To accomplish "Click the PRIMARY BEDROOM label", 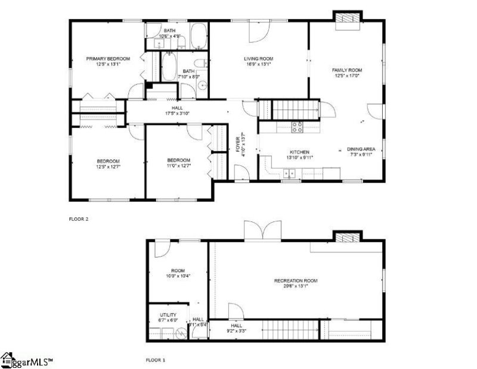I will pos(108,58).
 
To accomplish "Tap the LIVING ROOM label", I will pos(258,58).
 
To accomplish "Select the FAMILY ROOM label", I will pos(347,70).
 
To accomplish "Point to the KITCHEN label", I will pos(299,152).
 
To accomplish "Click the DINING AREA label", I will pos(361,149).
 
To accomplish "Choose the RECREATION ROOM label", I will pos(296,280).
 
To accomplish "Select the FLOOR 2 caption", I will pos(79,219).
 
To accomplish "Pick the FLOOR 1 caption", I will pos(156,360).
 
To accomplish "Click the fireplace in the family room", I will pos(347,20).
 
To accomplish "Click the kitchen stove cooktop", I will pos(297,126).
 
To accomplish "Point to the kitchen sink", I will pos(290,173).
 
